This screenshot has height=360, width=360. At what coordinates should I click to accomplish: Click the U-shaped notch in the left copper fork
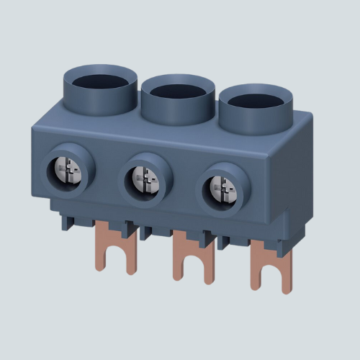pyautogui.click(x=116, y=256)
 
